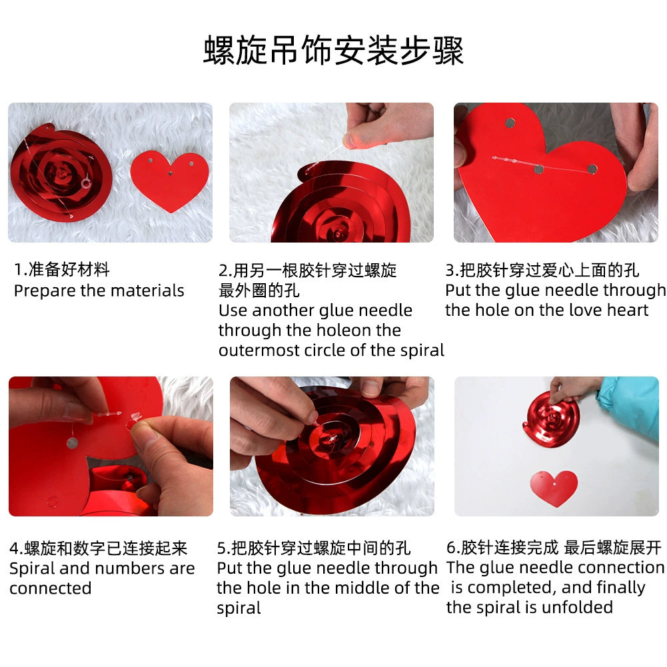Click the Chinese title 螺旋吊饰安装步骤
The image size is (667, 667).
[333, 51]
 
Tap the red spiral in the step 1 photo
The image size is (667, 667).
[61, 173]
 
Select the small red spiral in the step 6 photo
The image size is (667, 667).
[552, 419]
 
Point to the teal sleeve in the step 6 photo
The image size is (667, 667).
[630, 404]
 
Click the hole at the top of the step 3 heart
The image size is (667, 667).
[510, 123]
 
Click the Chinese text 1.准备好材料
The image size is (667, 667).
[62, 269]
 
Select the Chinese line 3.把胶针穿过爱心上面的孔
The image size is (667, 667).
[542, 270]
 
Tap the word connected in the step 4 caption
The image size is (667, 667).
[51, 589]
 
